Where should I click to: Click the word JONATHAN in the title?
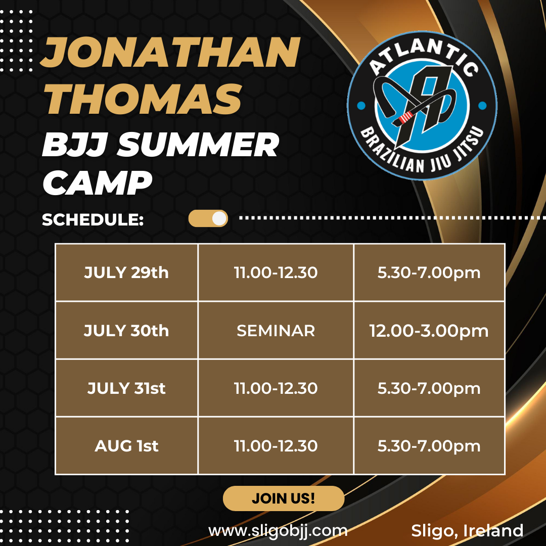point(170,53)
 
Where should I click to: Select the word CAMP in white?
point(97,183)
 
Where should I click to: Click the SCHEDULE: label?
point(93,220)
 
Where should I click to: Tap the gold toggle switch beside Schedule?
point(208,218)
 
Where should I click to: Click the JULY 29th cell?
point(127,272)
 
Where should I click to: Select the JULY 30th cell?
point(127,330)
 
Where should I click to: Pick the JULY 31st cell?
point(127,388)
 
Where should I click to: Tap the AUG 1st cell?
point(127,446)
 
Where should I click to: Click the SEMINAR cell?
point(276,330)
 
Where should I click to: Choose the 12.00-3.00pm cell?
point(429,330)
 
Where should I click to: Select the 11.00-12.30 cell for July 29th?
point(276,272)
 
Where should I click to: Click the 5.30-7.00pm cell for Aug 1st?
point(429,446)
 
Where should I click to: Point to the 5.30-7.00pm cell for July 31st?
point(429,388)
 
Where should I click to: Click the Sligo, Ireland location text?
point(467,531)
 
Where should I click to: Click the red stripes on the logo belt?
point(404,118)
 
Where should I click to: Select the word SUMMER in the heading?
point(198,145)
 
